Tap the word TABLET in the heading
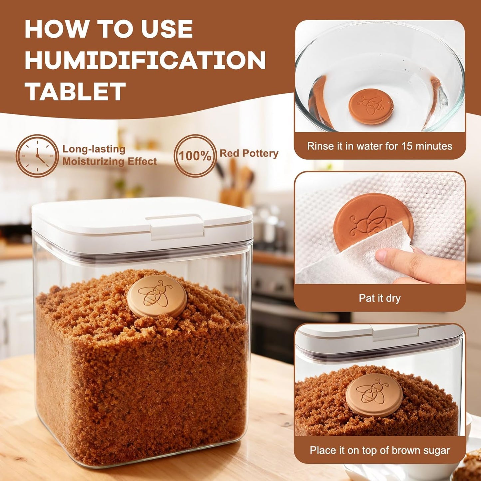point(75,92)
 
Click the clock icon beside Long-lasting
point(37,155)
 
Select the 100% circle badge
point(195,156)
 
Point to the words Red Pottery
point(249,153)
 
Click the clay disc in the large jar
point(157,296)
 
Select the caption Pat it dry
point(379,298)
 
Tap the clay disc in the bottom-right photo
point(374,395)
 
